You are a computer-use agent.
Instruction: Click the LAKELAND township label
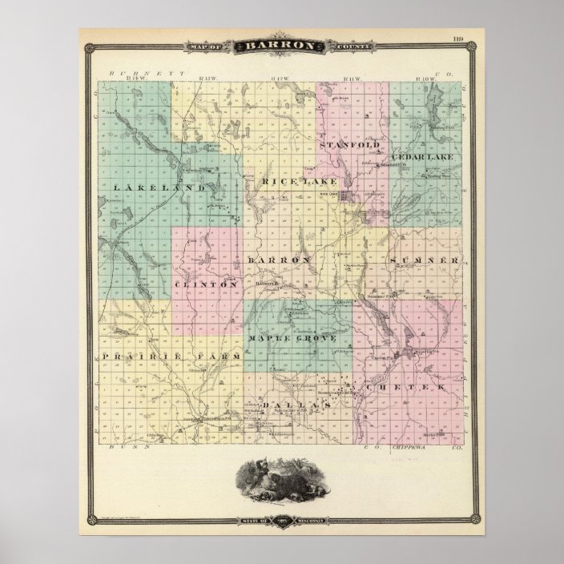[x=149, y=187]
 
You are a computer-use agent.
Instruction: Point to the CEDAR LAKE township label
[x=422, y=157]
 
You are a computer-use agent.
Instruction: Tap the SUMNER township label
[x=425, y=260]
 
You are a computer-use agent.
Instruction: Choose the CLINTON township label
[x=205, y=284]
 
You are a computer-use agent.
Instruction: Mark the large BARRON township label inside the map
[x=278, y=260]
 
